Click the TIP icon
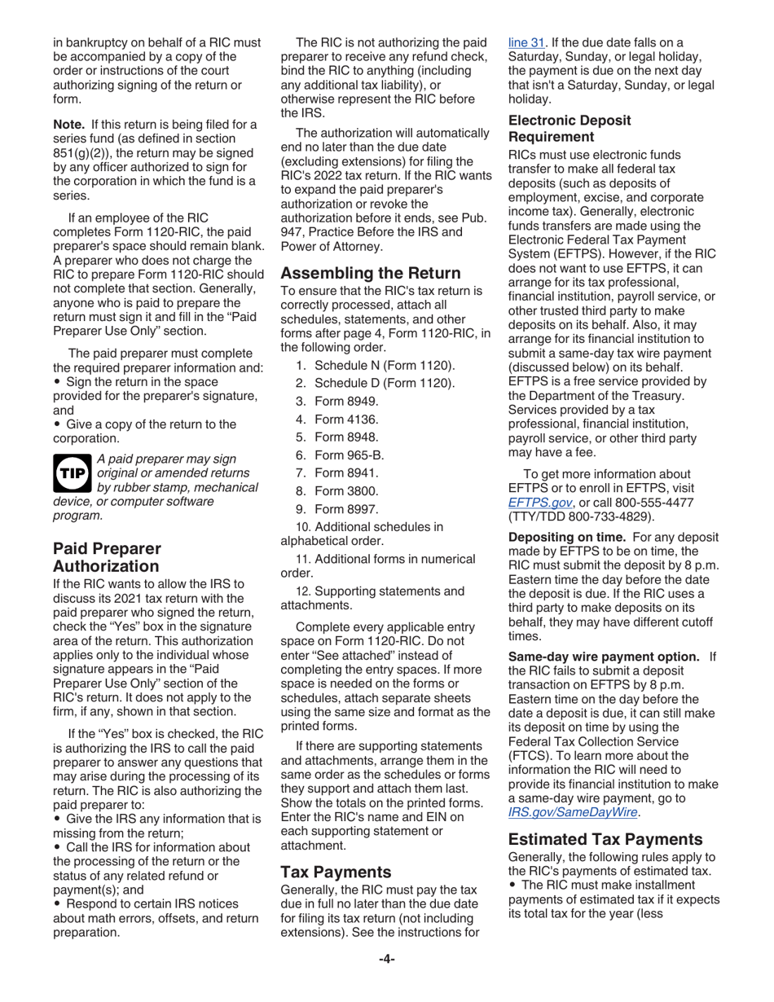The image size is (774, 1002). pos(72,472)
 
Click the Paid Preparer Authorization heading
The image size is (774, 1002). pos(106,557)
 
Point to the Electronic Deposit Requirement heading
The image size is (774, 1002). pos(570,128)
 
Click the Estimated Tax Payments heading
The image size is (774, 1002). pos(605,839)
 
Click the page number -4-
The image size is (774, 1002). pos(386,959)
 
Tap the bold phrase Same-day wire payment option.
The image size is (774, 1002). pos(604,657)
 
